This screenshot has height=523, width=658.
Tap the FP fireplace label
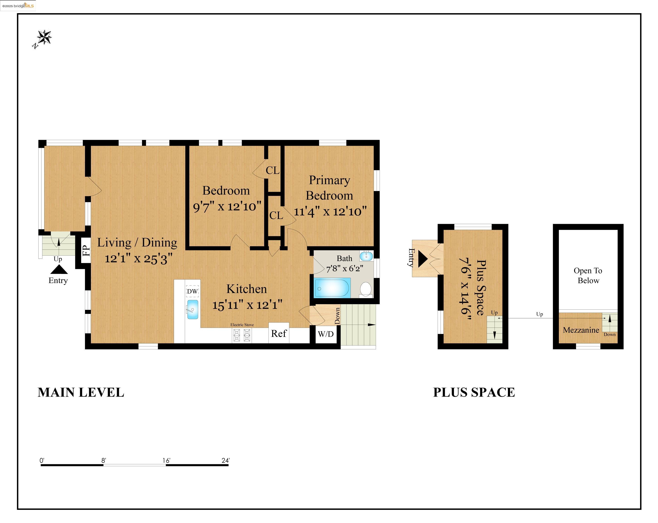(x=86, y=251)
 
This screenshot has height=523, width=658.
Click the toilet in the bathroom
(x=366, y=289)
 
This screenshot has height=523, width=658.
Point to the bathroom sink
(x=366, y=256)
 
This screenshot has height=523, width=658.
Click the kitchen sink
(x=193, y=309)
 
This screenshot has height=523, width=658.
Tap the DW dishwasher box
(x=192, y=291)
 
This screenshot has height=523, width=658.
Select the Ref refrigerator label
(x=279, y=333)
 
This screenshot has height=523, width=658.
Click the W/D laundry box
(x=326, y=334)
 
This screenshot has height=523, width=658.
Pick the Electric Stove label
(x=242, y=325)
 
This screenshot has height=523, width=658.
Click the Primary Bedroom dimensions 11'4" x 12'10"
(x=330, y=211)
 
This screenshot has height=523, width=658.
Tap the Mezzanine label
(x=581, y=330)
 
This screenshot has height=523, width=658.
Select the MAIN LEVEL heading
(x=81, y=392)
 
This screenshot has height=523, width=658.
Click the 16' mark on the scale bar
(x=166, y=461)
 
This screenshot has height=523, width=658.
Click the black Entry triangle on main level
(x=59, y=269)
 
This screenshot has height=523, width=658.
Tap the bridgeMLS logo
(x=18, y=5)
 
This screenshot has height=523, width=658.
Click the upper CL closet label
(x=273, y=170)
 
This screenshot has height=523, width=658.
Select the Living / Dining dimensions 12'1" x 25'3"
(x=139, y=259)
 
